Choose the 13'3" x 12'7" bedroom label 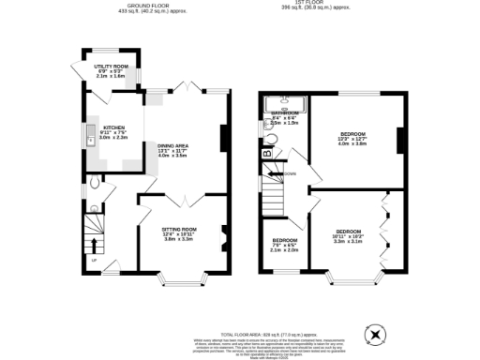[x=352, y=139]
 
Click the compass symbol [x=377, y=332]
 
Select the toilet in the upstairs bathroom [x=268, y=135]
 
